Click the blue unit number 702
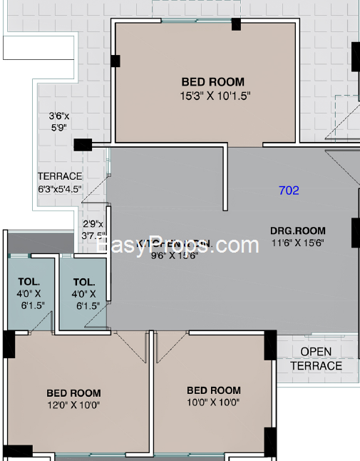[x=289, y=191]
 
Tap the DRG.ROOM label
[x=297, y=230]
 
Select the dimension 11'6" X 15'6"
[x=297, y=243]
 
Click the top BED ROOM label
[x=212, y=82]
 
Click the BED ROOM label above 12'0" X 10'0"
[x=73, y=392]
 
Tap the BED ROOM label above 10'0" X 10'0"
[x=214, y=390]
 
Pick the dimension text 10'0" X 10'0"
[x=214, y=402]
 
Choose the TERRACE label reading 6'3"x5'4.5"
[x=60, y=183]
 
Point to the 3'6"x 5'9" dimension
[x=58, y=121]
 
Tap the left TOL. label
[x=29, y=281]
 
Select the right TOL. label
[x=84, y=281]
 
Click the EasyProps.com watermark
[x=178, y=245]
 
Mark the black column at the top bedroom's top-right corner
[x=236, y=24]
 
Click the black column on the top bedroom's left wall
[x=114, y=62]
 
